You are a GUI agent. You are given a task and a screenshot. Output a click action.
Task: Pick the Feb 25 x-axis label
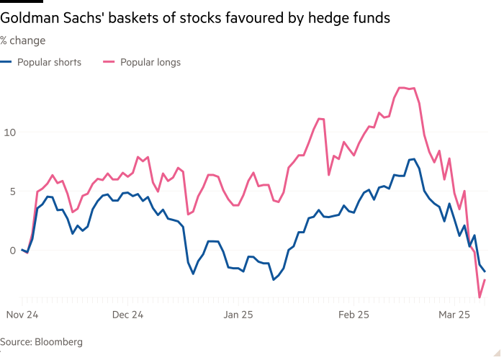tap(354, 315)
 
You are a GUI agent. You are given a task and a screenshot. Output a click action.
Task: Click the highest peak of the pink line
tap(400, 87)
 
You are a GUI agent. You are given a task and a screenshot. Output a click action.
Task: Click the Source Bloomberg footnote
tap(40, 343)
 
